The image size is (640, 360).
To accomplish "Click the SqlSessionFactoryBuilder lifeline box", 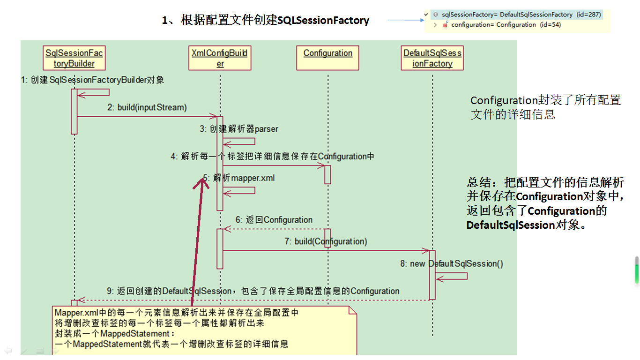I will pyautogui.click(x=74, y=58).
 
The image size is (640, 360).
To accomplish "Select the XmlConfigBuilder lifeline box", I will pyautogui.click(x=220, y=58).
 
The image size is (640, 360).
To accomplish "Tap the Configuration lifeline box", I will pyautogui.click(x=328, y=53).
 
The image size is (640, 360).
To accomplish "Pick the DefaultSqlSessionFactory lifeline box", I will pyautogui.click(x=432, y=58).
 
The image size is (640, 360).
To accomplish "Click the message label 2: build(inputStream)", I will pyautogui.click(x=147, y=107).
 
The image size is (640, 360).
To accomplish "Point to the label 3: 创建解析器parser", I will pyautogui.click(x=239, y=129).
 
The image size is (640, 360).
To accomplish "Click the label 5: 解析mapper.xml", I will pyautogui.click(x=239, y=178).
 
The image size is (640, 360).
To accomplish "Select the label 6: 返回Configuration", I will pyautogui.click(x=274, y=220).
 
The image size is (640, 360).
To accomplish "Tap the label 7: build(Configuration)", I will pyautogui.click(x=326, y=241).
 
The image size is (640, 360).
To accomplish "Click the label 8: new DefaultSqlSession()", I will pyautogui.click(x=452, y=263).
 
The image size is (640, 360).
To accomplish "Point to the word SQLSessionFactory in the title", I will pyautogui.click(x=323, y=21).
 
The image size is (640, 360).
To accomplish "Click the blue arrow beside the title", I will pyautogui.click(x=405, y=20).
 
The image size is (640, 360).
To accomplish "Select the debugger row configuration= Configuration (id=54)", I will pyautogui.click(x=501, y=24).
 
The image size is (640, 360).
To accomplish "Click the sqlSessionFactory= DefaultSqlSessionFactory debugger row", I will pyautogui.click(x=517, y=15).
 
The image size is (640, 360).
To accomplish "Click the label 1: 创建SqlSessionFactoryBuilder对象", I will pyautogui.click(x=92, y=80).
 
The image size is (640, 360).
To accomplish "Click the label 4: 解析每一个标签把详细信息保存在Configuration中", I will pyautogui.click(x=272, y=156).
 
